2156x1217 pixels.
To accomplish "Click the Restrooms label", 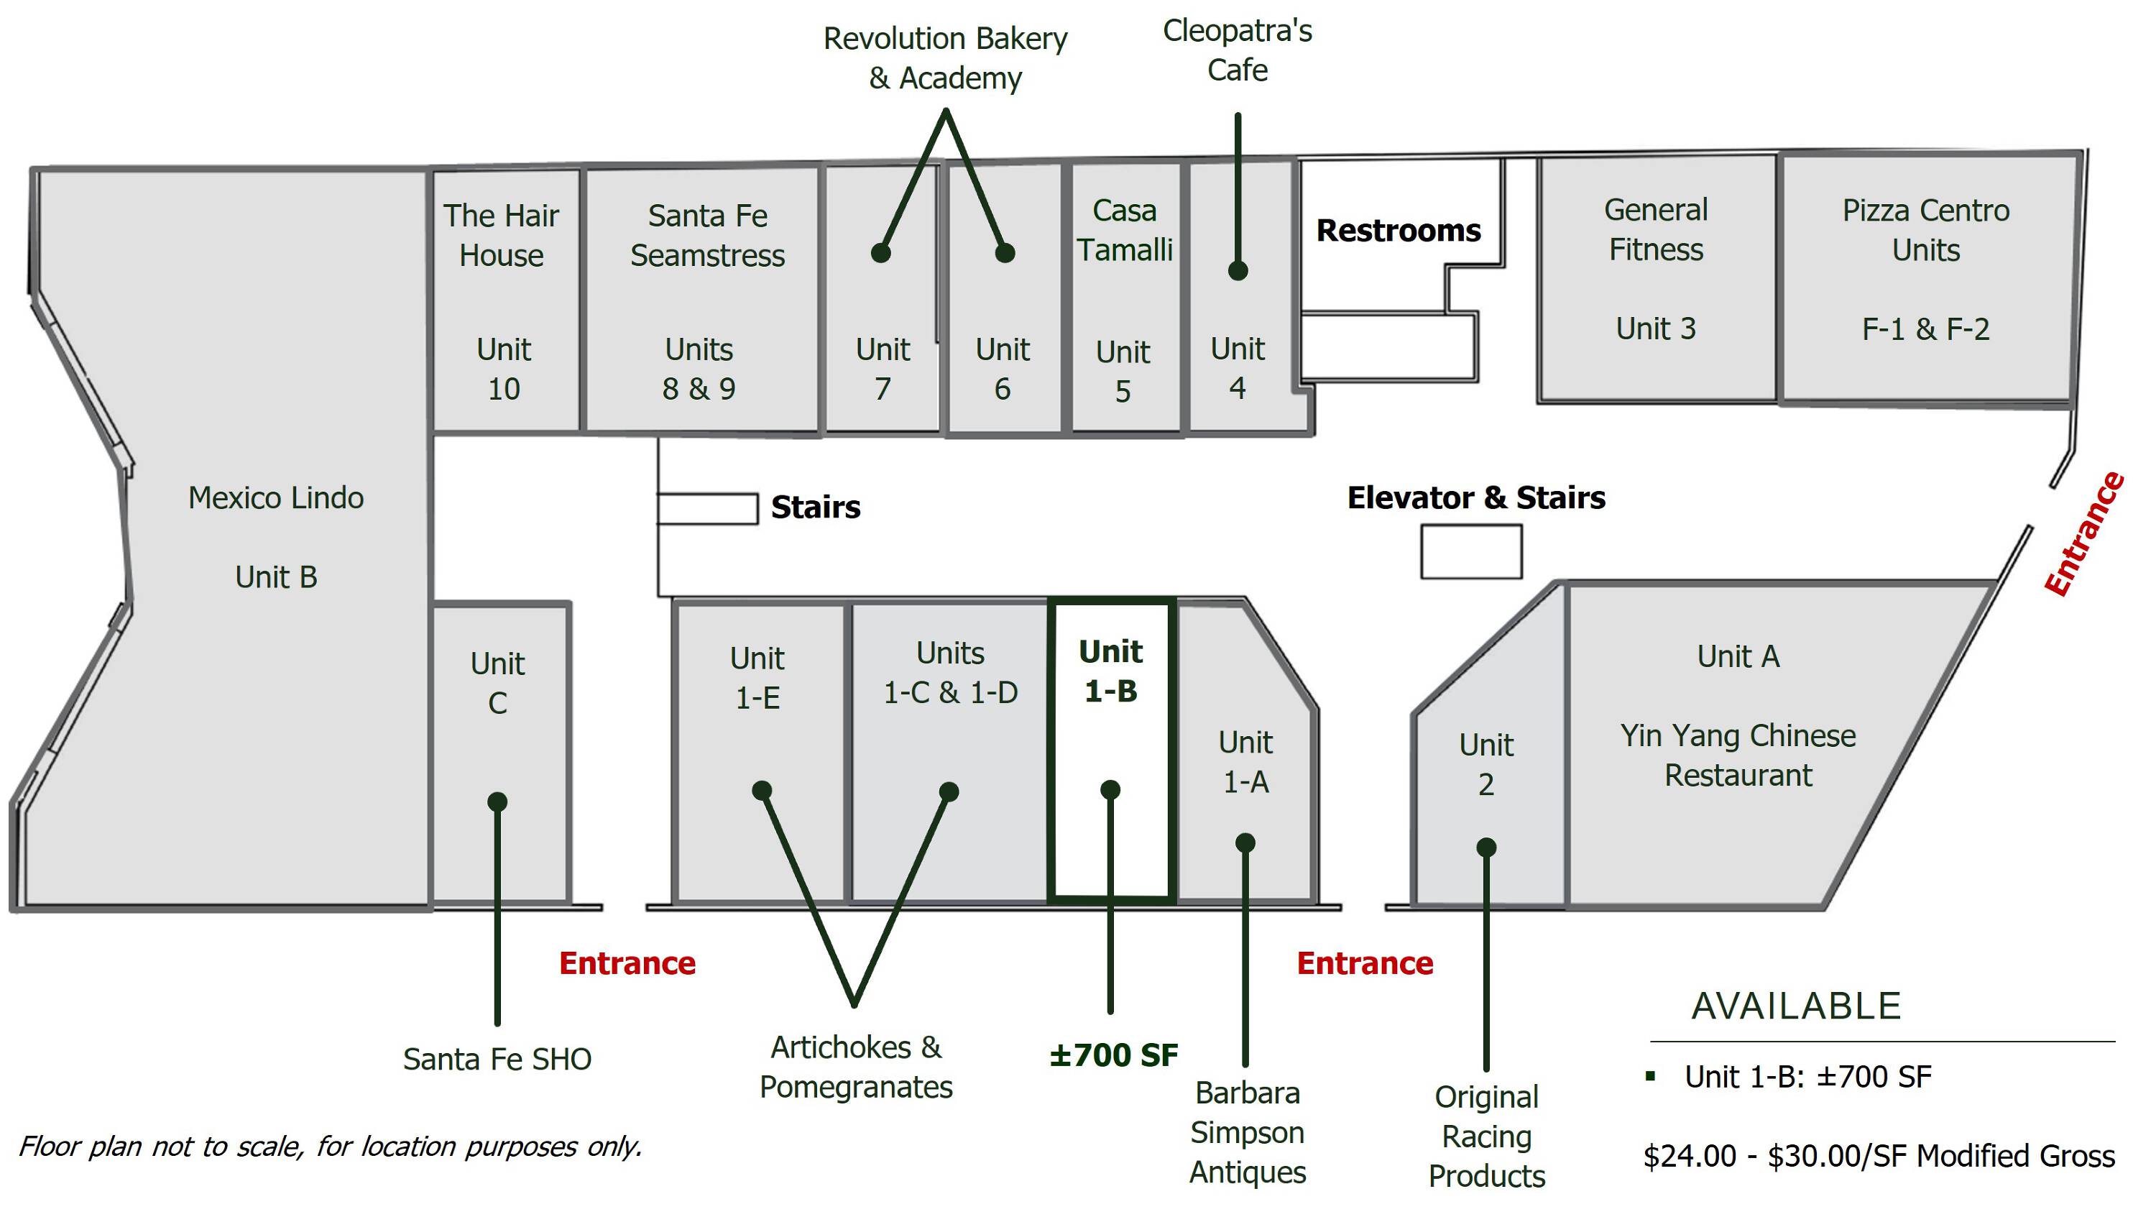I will [1398, 230].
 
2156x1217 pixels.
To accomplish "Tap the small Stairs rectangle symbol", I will [707, 508].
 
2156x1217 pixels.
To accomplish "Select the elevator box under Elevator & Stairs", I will [1470, 551].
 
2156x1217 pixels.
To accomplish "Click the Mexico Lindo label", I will [275, 498].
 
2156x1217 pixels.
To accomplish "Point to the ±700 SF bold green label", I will [1113, 1055].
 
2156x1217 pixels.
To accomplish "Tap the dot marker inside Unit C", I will [497, 802].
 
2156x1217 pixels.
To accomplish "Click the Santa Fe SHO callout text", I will [497, 1059].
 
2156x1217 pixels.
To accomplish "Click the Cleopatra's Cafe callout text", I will [1237, 50].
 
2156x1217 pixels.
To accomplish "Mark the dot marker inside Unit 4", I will [1238, 270].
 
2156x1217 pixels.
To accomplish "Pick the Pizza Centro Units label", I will [1926, 229].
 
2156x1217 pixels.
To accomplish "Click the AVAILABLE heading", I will [1796, 1005].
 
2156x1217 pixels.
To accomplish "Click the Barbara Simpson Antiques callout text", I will [1247, 1132].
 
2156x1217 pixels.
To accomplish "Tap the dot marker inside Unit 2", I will [1486, 847].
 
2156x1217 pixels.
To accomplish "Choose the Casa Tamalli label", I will [1124, 229].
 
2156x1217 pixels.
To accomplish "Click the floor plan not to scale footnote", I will [331, 1146].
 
